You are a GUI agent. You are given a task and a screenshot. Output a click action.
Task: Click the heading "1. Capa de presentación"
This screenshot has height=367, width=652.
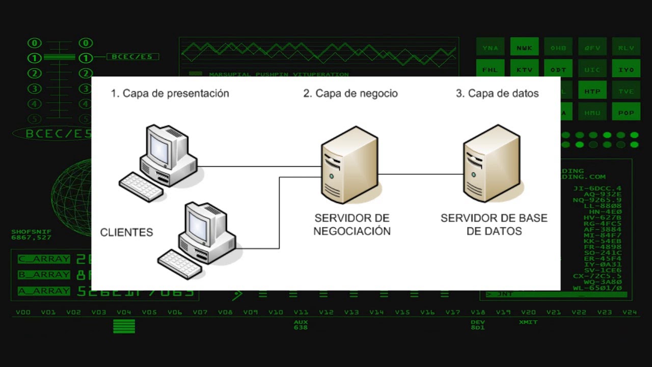pyautogui.click(x=170, y=94)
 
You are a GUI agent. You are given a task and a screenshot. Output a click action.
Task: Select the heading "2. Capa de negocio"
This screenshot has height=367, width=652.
pyautogui.click(x=350, y=94)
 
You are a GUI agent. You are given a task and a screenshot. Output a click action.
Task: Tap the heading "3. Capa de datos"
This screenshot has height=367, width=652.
pyautogui.click(x=497, y=94)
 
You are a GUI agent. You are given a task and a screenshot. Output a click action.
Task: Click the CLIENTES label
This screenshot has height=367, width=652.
pyautogui.click(x=126, y=232)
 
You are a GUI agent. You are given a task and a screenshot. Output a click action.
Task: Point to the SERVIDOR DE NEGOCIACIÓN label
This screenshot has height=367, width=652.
pyautogui.click(x=351, y=225)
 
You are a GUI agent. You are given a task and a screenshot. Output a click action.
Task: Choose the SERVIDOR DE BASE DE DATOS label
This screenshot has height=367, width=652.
pyautogui.click(x=494, y=225)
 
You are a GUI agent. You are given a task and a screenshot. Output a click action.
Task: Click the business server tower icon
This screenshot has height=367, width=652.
pyautogui.click(x=349, y=164)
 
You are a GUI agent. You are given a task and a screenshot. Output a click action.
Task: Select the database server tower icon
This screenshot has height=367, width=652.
pyautogui.click(x=492, y=163)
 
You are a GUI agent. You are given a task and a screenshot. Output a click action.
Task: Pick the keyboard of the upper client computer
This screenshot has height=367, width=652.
pyautogui.click(x=141, y=187)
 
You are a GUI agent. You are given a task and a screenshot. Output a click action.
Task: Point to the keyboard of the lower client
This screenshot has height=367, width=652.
pyautogui.click(x=180, y=264)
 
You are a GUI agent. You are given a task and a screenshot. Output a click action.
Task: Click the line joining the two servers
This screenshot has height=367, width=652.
pyautogui.click(x=420, y=174)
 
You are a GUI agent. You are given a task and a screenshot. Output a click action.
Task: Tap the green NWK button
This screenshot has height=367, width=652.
pyautogui.click(x=524, y=48)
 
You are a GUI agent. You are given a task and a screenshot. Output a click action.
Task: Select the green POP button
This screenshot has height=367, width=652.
pyautogui.click(x=626, y=113)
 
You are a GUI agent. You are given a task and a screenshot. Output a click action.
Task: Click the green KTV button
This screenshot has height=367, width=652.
pyautogui.click(x=524, y=69)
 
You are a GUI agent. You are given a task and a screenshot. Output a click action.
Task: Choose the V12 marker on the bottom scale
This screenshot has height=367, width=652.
pyautogui.click(x=326, y=312)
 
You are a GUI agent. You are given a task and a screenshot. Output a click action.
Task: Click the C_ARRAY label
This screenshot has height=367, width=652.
pyautogui.click(x=44, y=259)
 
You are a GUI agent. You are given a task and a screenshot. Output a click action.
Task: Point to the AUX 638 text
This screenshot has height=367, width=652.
pyautogui.click(x=301, y=325)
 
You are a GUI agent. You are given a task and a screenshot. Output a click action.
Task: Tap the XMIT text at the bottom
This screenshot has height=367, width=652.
pyautogui.click(x=528, y=322)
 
